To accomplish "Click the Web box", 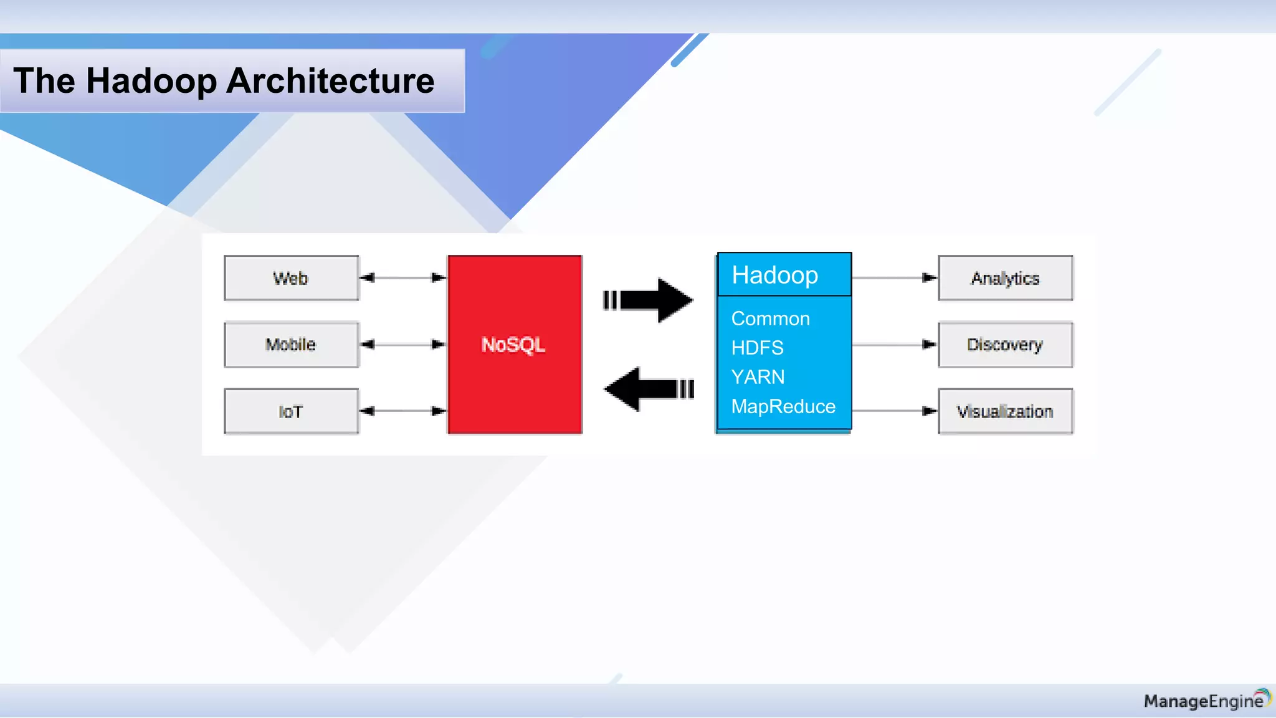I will [x=291, y=278].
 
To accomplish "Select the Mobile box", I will [x=291, y=345].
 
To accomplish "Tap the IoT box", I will [x=291, y=411].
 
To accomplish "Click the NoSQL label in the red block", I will [x=513, y=345].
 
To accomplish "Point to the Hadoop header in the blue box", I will [x=774, y=275].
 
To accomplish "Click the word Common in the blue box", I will [x=770, y=318].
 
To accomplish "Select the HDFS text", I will [x=757, y=348].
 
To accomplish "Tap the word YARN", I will [x=758, y=377].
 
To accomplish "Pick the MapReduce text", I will [x=783, y=406].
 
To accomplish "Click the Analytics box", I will [x=1005, y=278].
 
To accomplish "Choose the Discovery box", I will [x=1005, y=345].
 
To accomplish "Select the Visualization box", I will [x=1005, y=411].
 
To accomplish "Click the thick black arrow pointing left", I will [x=648, y=390].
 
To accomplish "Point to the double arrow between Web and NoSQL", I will [x=403, y=278].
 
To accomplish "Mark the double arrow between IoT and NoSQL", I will [x=403, y=411].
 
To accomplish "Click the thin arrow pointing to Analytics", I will [x=894, y=278].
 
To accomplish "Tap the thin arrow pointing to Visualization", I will [x=894, y=411].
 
